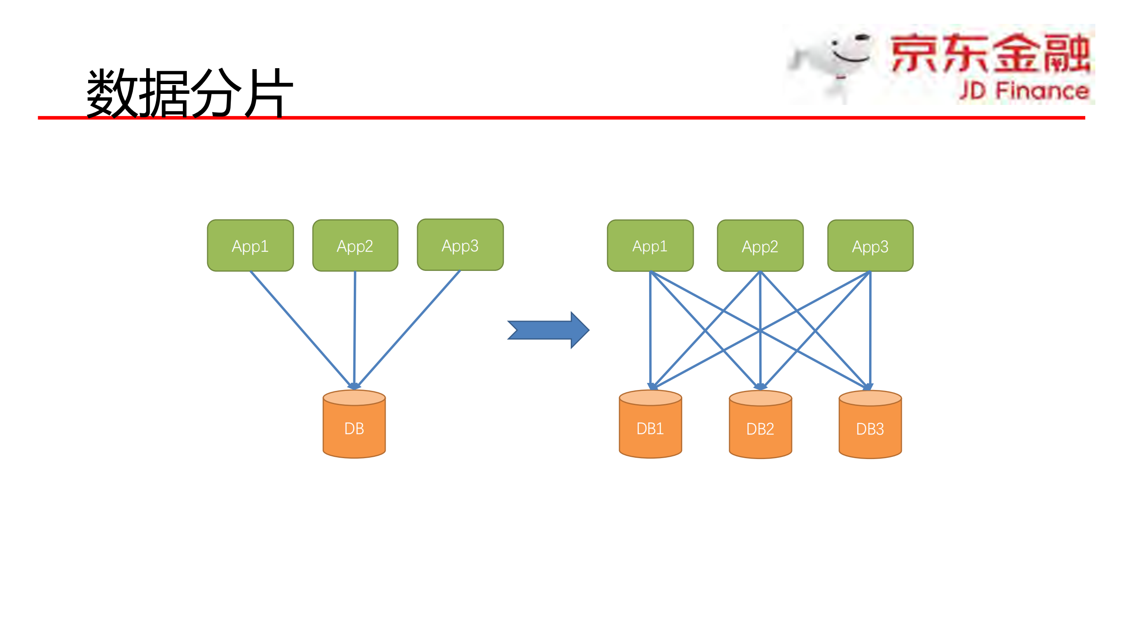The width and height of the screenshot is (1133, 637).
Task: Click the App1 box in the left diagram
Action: click(x=250, y=246)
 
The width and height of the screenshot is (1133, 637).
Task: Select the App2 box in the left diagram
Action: click(x=355, y=246)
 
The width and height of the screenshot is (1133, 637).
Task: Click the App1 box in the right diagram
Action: click(x=650, y=246)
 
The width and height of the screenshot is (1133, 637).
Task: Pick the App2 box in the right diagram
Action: click(x=760, y=246)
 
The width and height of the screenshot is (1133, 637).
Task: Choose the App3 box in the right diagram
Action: click(x=870, y=246)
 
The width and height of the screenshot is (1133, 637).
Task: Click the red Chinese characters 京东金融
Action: click(x=990, y=53)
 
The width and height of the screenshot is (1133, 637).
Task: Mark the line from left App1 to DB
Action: click(x=301, y=328)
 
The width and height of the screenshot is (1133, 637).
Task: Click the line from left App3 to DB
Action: click(x=410, y=328)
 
